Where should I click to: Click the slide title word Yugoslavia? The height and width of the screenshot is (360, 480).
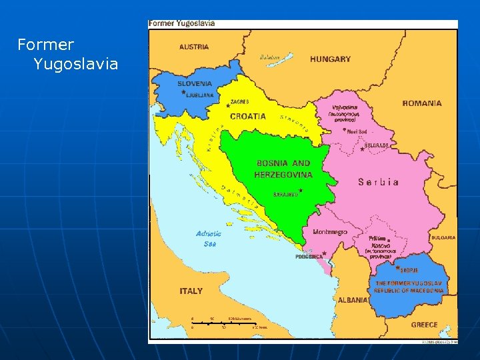[75, 64]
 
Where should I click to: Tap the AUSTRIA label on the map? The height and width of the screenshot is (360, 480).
[194, 47]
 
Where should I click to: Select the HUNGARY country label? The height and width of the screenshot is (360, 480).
[330, 59]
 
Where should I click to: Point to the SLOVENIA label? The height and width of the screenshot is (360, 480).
[195, 84]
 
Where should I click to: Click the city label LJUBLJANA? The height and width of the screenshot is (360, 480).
[200, 95]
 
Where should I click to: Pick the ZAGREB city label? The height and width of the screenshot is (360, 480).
[239, 102]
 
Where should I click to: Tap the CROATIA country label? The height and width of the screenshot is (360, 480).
[247, 116]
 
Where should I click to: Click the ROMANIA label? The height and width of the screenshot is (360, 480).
[421, 103]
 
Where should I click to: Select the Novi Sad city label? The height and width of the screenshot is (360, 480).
[357, 131]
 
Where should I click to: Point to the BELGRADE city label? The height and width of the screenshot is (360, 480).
[377, 145]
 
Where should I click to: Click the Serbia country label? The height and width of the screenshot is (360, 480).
[379, 182]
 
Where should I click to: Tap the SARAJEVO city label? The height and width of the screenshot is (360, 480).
[285, 195]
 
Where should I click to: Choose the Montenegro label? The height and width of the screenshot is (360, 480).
[329, 232]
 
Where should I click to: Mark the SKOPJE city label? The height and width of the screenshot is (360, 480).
[409, 271]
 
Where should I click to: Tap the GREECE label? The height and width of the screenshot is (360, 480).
[424, 325]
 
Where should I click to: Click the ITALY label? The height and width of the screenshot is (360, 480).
[191, 291]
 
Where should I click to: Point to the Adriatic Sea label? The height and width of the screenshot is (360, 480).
[209, 239]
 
